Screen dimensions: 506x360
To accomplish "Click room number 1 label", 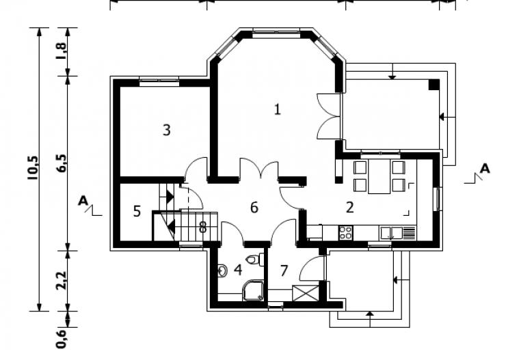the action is click(277, 109).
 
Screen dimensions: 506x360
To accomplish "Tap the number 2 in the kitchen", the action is click(350, 208).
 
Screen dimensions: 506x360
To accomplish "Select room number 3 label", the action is click(167, 130).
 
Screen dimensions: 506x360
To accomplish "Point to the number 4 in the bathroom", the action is click(238, 270).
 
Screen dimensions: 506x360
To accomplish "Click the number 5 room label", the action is click(137, 212).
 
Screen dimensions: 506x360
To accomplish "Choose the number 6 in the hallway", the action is click(254, 208).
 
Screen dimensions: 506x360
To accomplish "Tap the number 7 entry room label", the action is click(284, 271).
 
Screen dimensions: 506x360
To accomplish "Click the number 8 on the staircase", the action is click(202, 227).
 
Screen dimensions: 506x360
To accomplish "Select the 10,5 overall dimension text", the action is click(34, 167).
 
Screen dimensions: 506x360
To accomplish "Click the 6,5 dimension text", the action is click(62, 163).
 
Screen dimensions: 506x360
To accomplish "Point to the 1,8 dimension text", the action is click(62, 51).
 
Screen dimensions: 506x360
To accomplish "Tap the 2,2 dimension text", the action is click(62, 281).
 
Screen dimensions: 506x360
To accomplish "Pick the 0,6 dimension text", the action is click(62, 339).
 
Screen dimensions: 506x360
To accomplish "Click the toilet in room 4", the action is click(254, 260).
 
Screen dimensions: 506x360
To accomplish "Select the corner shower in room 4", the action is click(253, 290).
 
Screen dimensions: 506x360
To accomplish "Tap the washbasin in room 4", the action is click(222, 271).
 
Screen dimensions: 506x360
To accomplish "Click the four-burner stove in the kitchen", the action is click(345, 233).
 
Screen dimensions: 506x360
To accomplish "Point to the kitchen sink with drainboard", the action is click(398, 233).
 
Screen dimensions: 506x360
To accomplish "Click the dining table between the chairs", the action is click(379, 176).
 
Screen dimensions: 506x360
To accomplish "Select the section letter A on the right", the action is click(484, 169).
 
